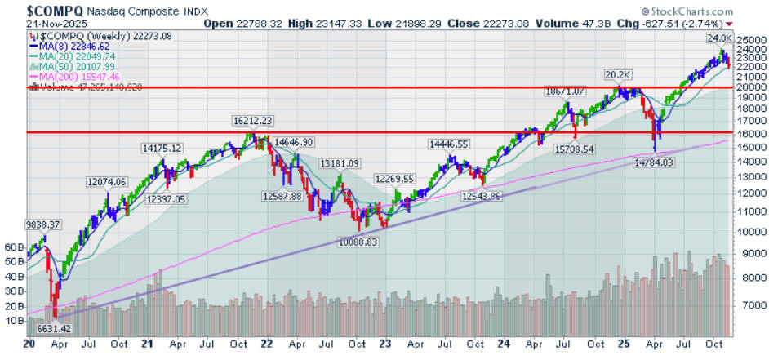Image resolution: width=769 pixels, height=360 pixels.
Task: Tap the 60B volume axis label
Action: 14,246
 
